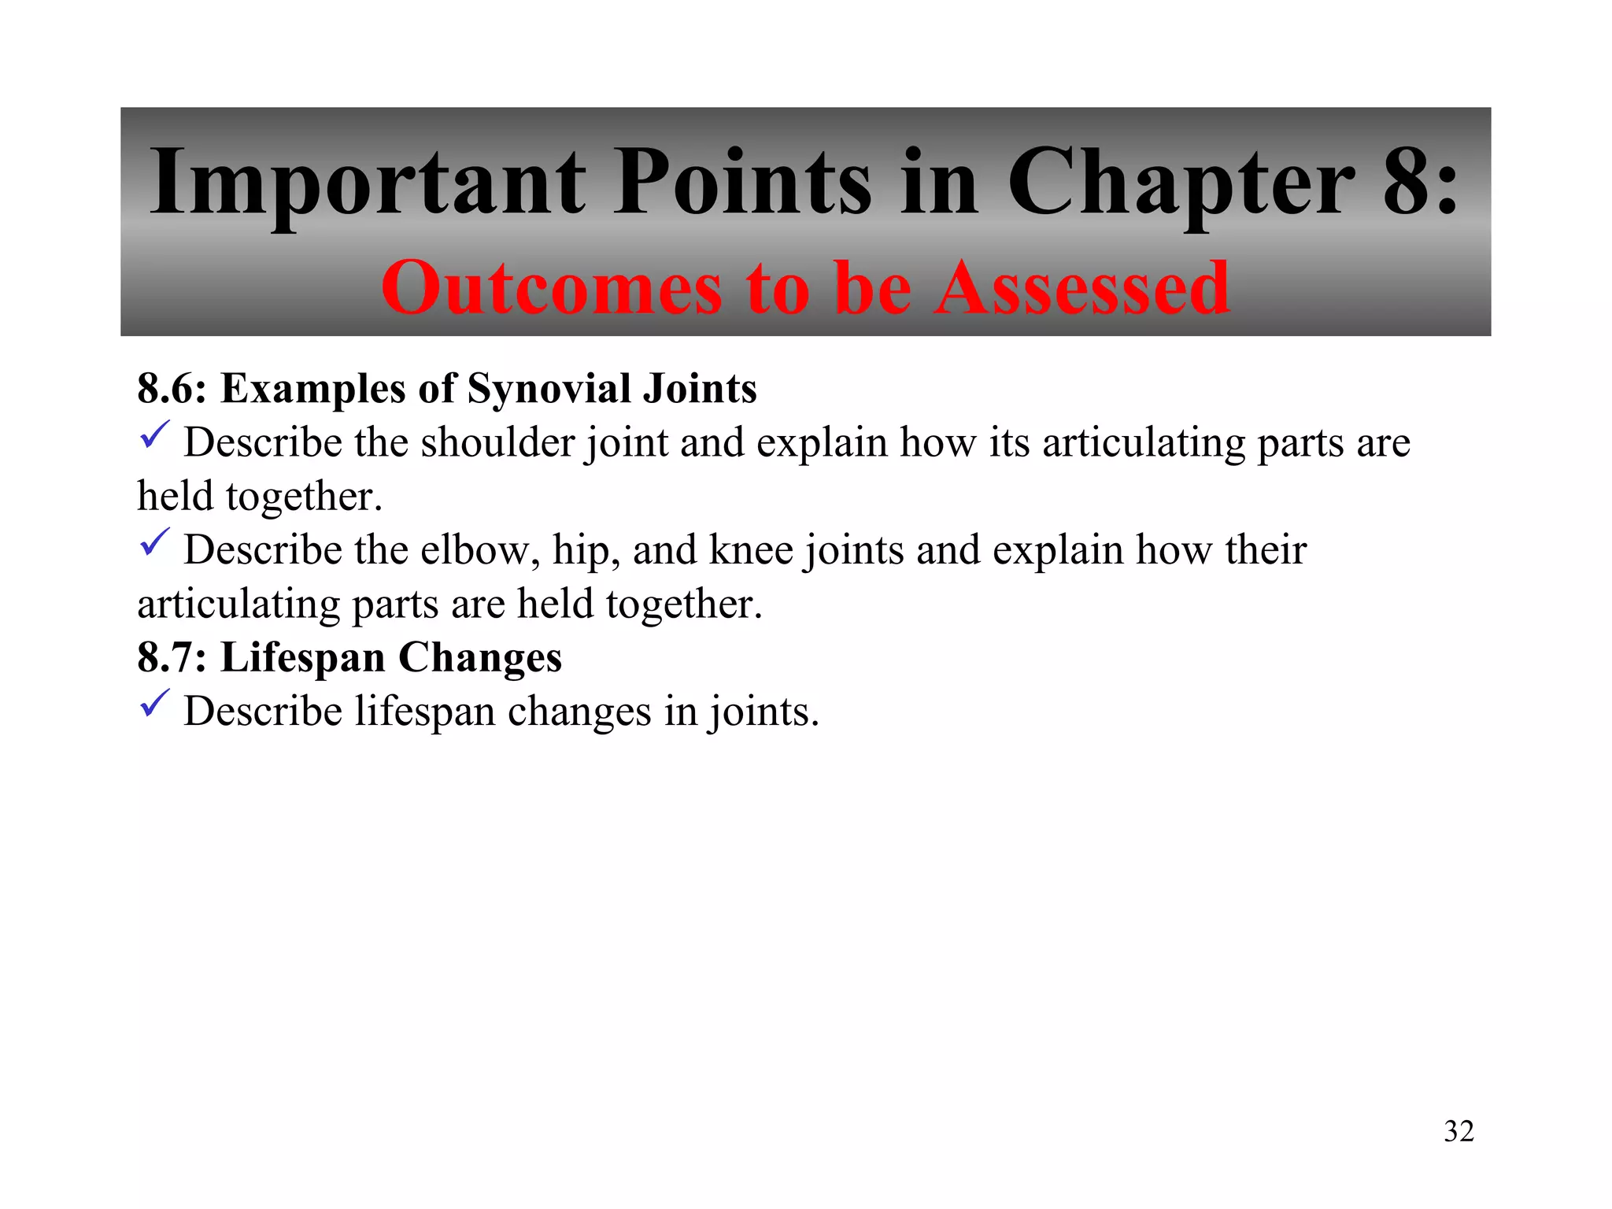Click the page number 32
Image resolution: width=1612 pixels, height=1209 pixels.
1459,1131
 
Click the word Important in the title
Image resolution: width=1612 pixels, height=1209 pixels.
368,183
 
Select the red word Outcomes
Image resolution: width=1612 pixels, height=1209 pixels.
551,289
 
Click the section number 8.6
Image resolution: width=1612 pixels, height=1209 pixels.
171,388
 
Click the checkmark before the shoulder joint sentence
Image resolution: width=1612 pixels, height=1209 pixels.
154,435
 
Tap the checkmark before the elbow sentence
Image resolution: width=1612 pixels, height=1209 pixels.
154,543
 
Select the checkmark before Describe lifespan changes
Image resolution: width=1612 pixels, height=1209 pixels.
154,704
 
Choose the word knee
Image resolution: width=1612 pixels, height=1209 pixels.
751,549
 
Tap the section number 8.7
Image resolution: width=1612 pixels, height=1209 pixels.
171,657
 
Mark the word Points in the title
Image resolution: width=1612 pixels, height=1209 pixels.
742,183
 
